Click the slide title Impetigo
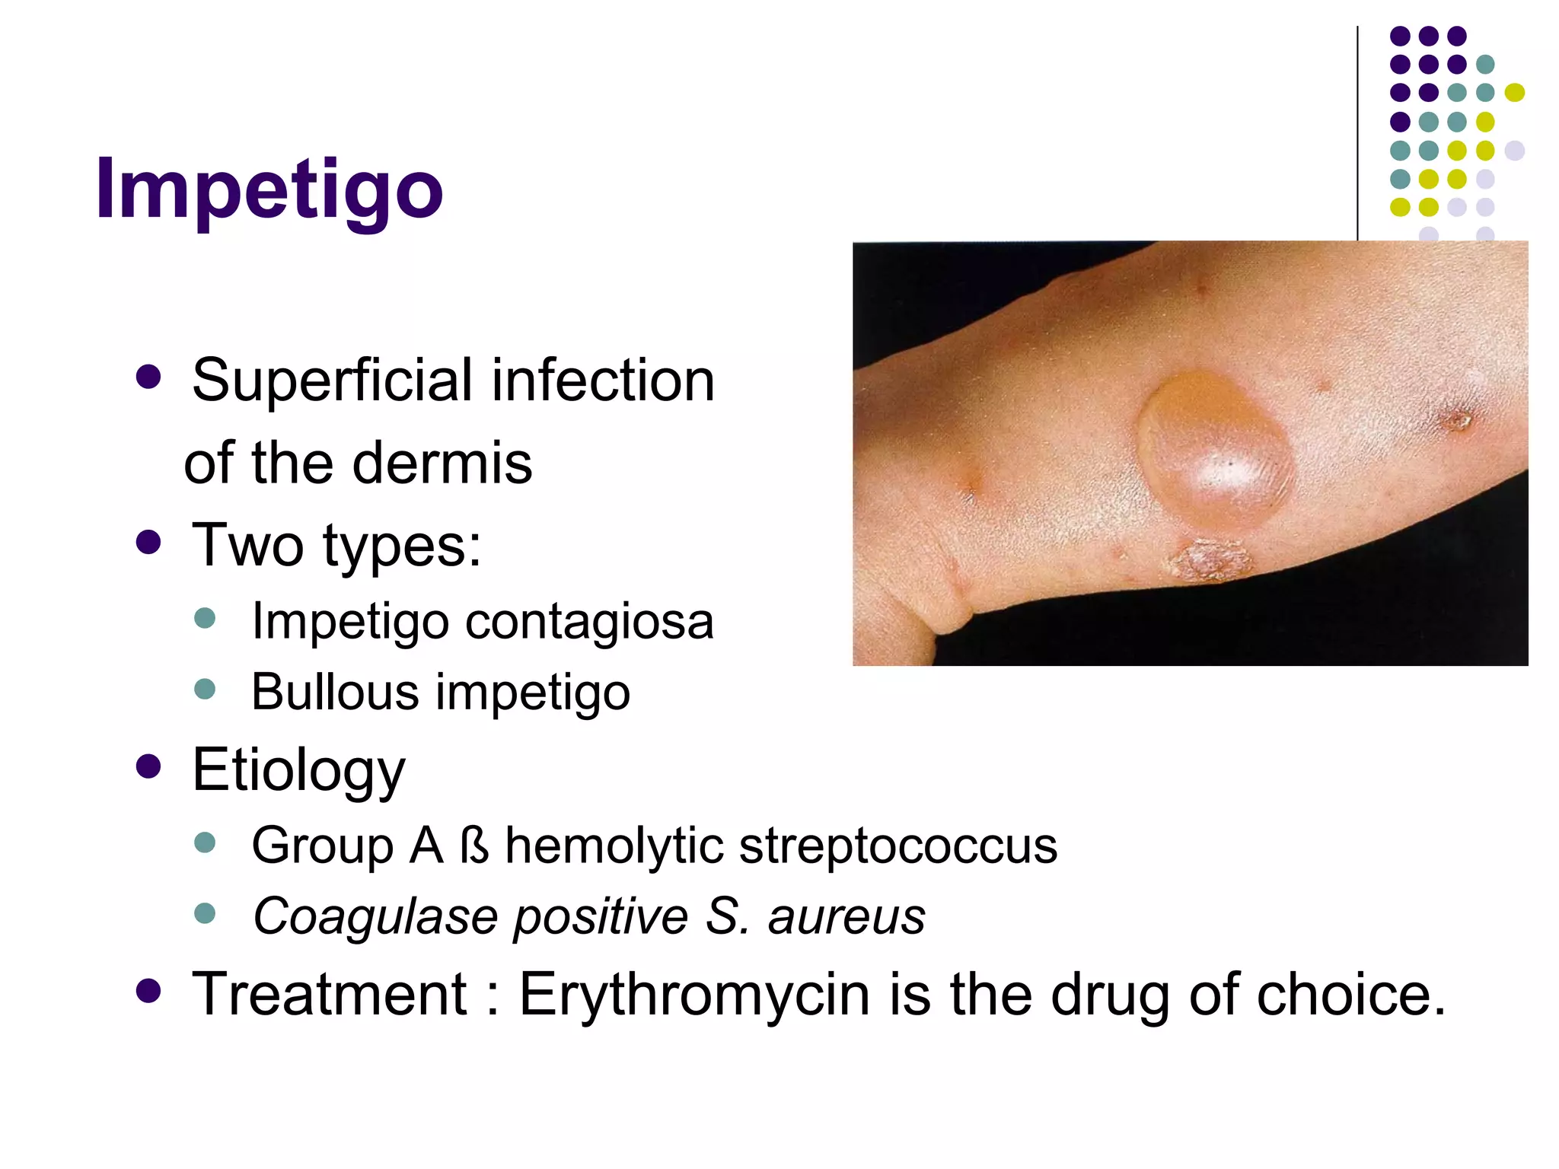[x=269, y=188]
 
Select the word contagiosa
[x=589, y=622]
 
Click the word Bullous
[x=335, y=692]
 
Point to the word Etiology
[x=298, y=770]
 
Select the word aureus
[x=846, y=916]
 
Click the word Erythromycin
[x=694, y=994]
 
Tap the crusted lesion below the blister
[x=1210, y=560]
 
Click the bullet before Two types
[x=148, y=543]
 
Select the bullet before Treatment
[x=148, y=991]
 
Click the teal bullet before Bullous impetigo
[x=205, y=690]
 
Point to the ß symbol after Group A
[x=474, y=846]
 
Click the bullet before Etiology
[x=148, y=766]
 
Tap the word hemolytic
[x=614, y=846]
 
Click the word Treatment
[x=329, y=994]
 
